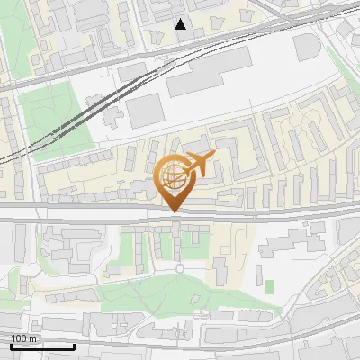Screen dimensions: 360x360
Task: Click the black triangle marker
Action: pyautogui.click(x=181, y=24)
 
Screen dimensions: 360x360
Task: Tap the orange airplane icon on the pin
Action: pyautogui.click(x=197, y=166)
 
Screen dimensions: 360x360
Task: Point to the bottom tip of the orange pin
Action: pyautogui.click(x=173, y=212)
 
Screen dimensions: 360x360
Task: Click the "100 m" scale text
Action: pyautogui.click(x=24, y=338)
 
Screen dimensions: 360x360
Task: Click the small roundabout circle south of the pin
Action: pyautogui.click(x=179, y=267)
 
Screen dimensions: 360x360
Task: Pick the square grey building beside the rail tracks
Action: pyautogui.click(x=142, y=112)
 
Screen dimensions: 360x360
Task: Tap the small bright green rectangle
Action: pyautogui.click(x=269, y=286)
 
